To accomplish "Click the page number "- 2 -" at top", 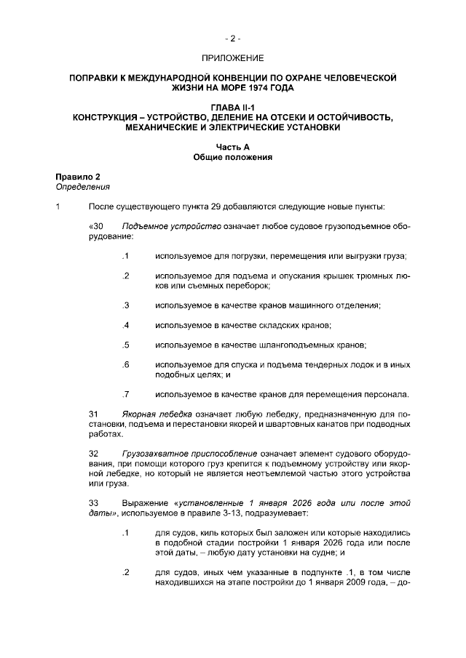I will (232, 38).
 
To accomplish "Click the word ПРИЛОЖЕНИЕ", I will (232, 57).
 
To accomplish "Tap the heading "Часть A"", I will (232, 147).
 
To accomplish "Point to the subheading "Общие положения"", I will (232, 156).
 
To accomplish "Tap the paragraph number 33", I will (93, 503).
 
